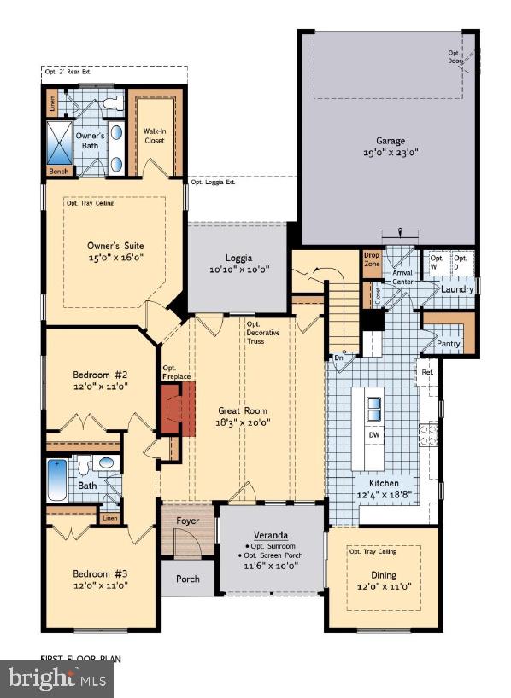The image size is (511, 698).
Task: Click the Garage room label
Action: (x=391, y=141)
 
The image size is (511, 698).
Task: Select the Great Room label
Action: (x=241, y=410)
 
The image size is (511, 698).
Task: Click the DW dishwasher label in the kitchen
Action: (x=374, y=435)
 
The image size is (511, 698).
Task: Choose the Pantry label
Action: (x=449, y=344)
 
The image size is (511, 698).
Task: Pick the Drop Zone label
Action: (x=372, y=259)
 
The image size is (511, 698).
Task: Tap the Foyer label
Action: (x=188, y=520)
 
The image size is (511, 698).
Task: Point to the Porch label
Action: (x=188, y=579)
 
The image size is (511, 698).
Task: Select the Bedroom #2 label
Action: (x=100, y=375)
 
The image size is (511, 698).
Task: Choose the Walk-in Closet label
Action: (x=154, y=136)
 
